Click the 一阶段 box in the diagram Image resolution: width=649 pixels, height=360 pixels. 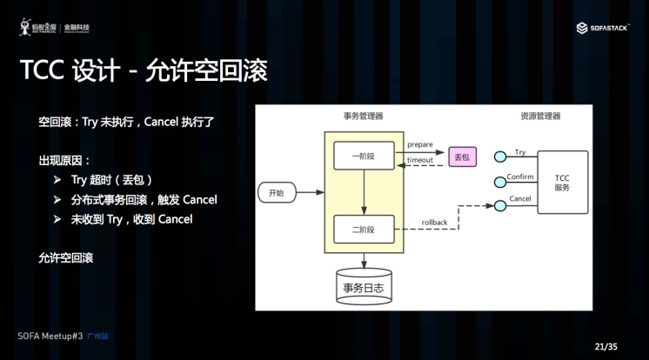point(364,157)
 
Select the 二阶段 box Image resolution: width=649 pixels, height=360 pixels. point(364,230)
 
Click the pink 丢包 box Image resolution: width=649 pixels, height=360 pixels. point(462,157)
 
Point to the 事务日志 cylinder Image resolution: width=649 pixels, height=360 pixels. point(364,287)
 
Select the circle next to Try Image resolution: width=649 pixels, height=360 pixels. point(500,157)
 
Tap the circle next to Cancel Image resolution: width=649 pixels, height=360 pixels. point(500,206)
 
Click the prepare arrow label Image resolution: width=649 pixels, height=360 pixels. point(420,143)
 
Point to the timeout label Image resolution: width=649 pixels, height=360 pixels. point(420,161)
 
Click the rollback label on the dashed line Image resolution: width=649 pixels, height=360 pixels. point(434,223)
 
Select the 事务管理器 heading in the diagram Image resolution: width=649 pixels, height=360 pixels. point(363,116)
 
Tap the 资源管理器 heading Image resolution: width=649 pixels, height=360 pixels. point(540,116)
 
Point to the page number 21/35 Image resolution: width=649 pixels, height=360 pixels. point(606,346)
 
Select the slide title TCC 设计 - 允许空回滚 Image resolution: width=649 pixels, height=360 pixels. point(143,70)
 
